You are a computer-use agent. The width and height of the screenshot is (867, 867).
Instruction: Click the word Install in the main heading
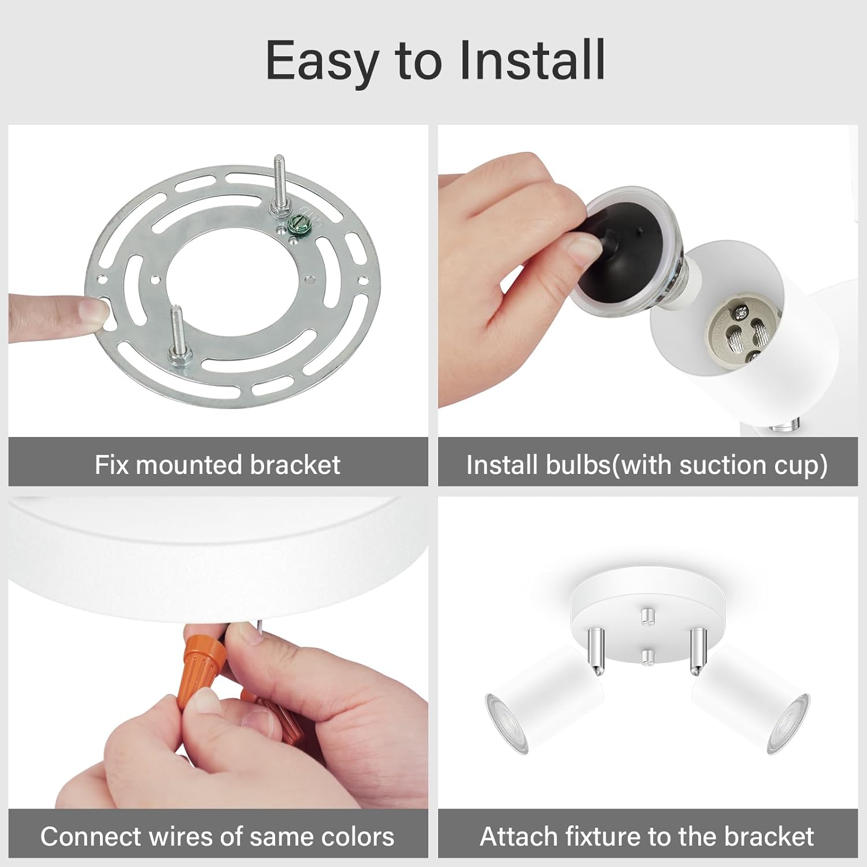(532, 61)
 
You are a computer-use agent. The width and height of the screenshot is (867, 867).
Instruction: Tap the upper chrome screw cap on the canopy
(647, 616)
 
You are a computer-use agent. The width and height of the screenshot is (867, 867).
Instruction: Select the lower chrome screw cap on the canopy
(648, 656)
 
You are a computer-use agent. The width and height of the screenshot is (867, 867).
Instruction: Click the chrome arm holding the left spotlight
(596, 650)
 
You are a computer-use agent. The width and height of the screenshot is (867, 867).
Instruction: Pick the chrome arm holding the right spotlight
(698, 650)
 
